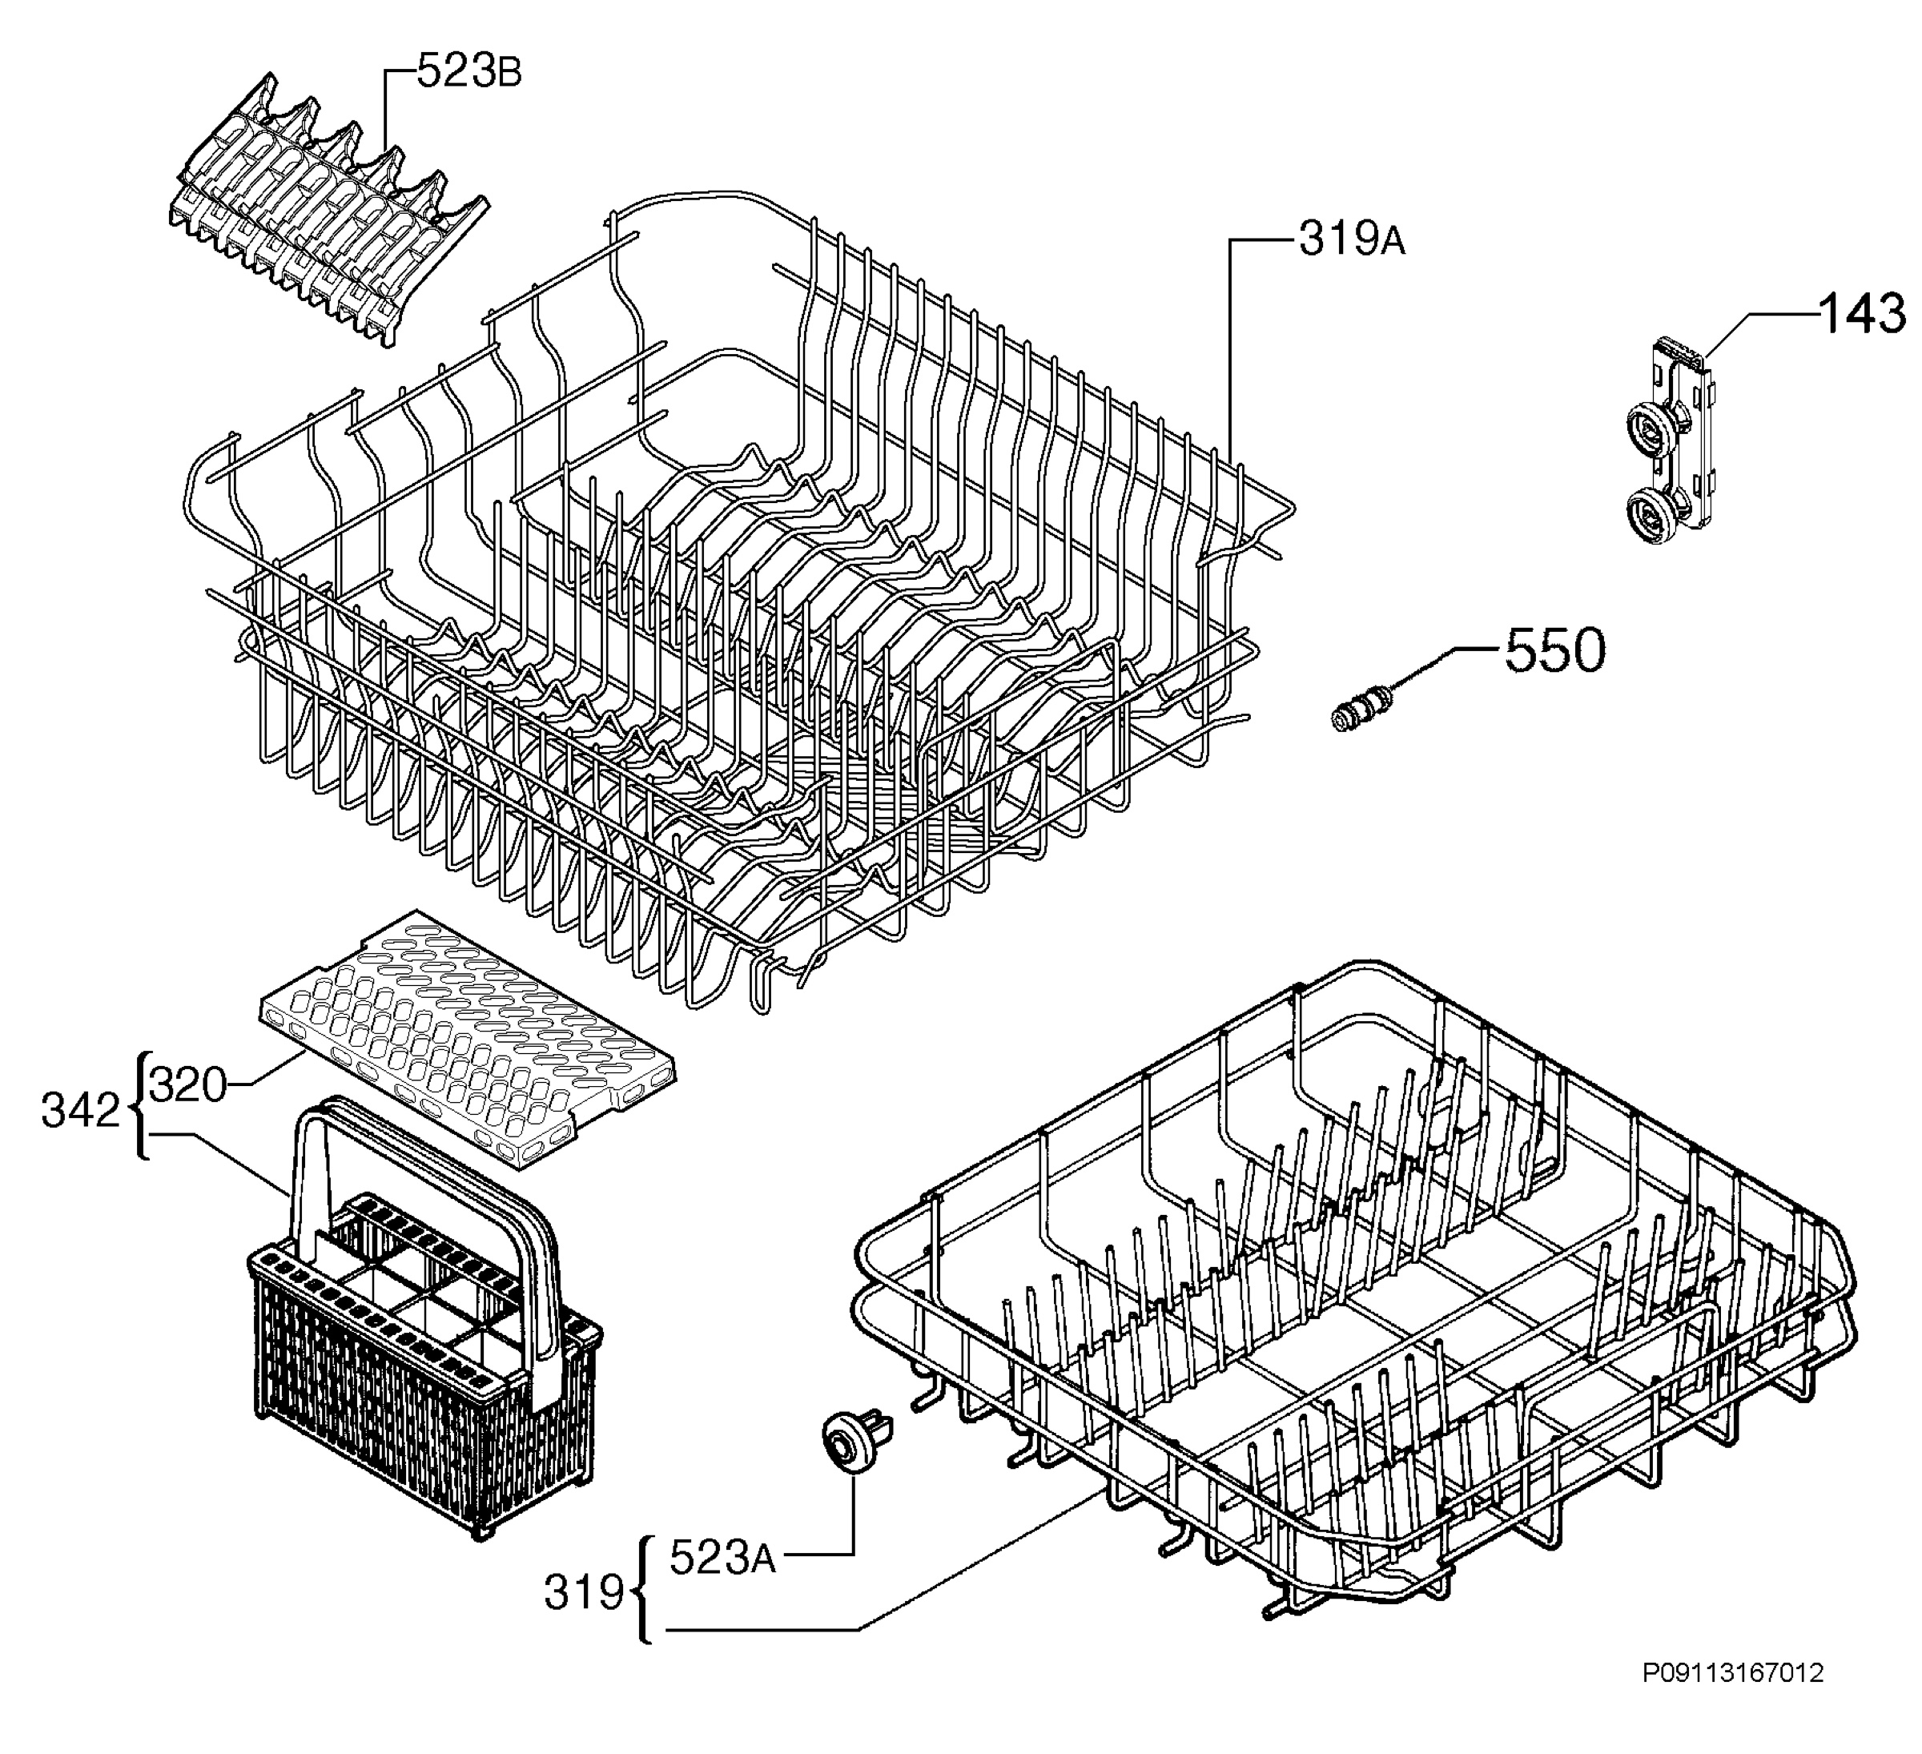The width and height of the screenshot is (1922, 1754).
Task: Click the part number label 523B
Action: click(x=470, y=72)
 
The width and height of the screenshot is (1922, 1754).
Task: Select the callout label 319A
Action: click(x=1352, y=241)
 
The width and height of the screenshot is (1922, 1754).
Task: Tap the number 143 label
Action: click(x=1862, y=314)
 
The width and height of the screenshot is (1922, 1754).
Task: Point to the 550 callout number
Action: click(x=1555, y=652)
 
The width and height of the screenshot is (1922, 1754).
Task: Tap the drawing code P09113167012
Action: click(x=1732, y=1699)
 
